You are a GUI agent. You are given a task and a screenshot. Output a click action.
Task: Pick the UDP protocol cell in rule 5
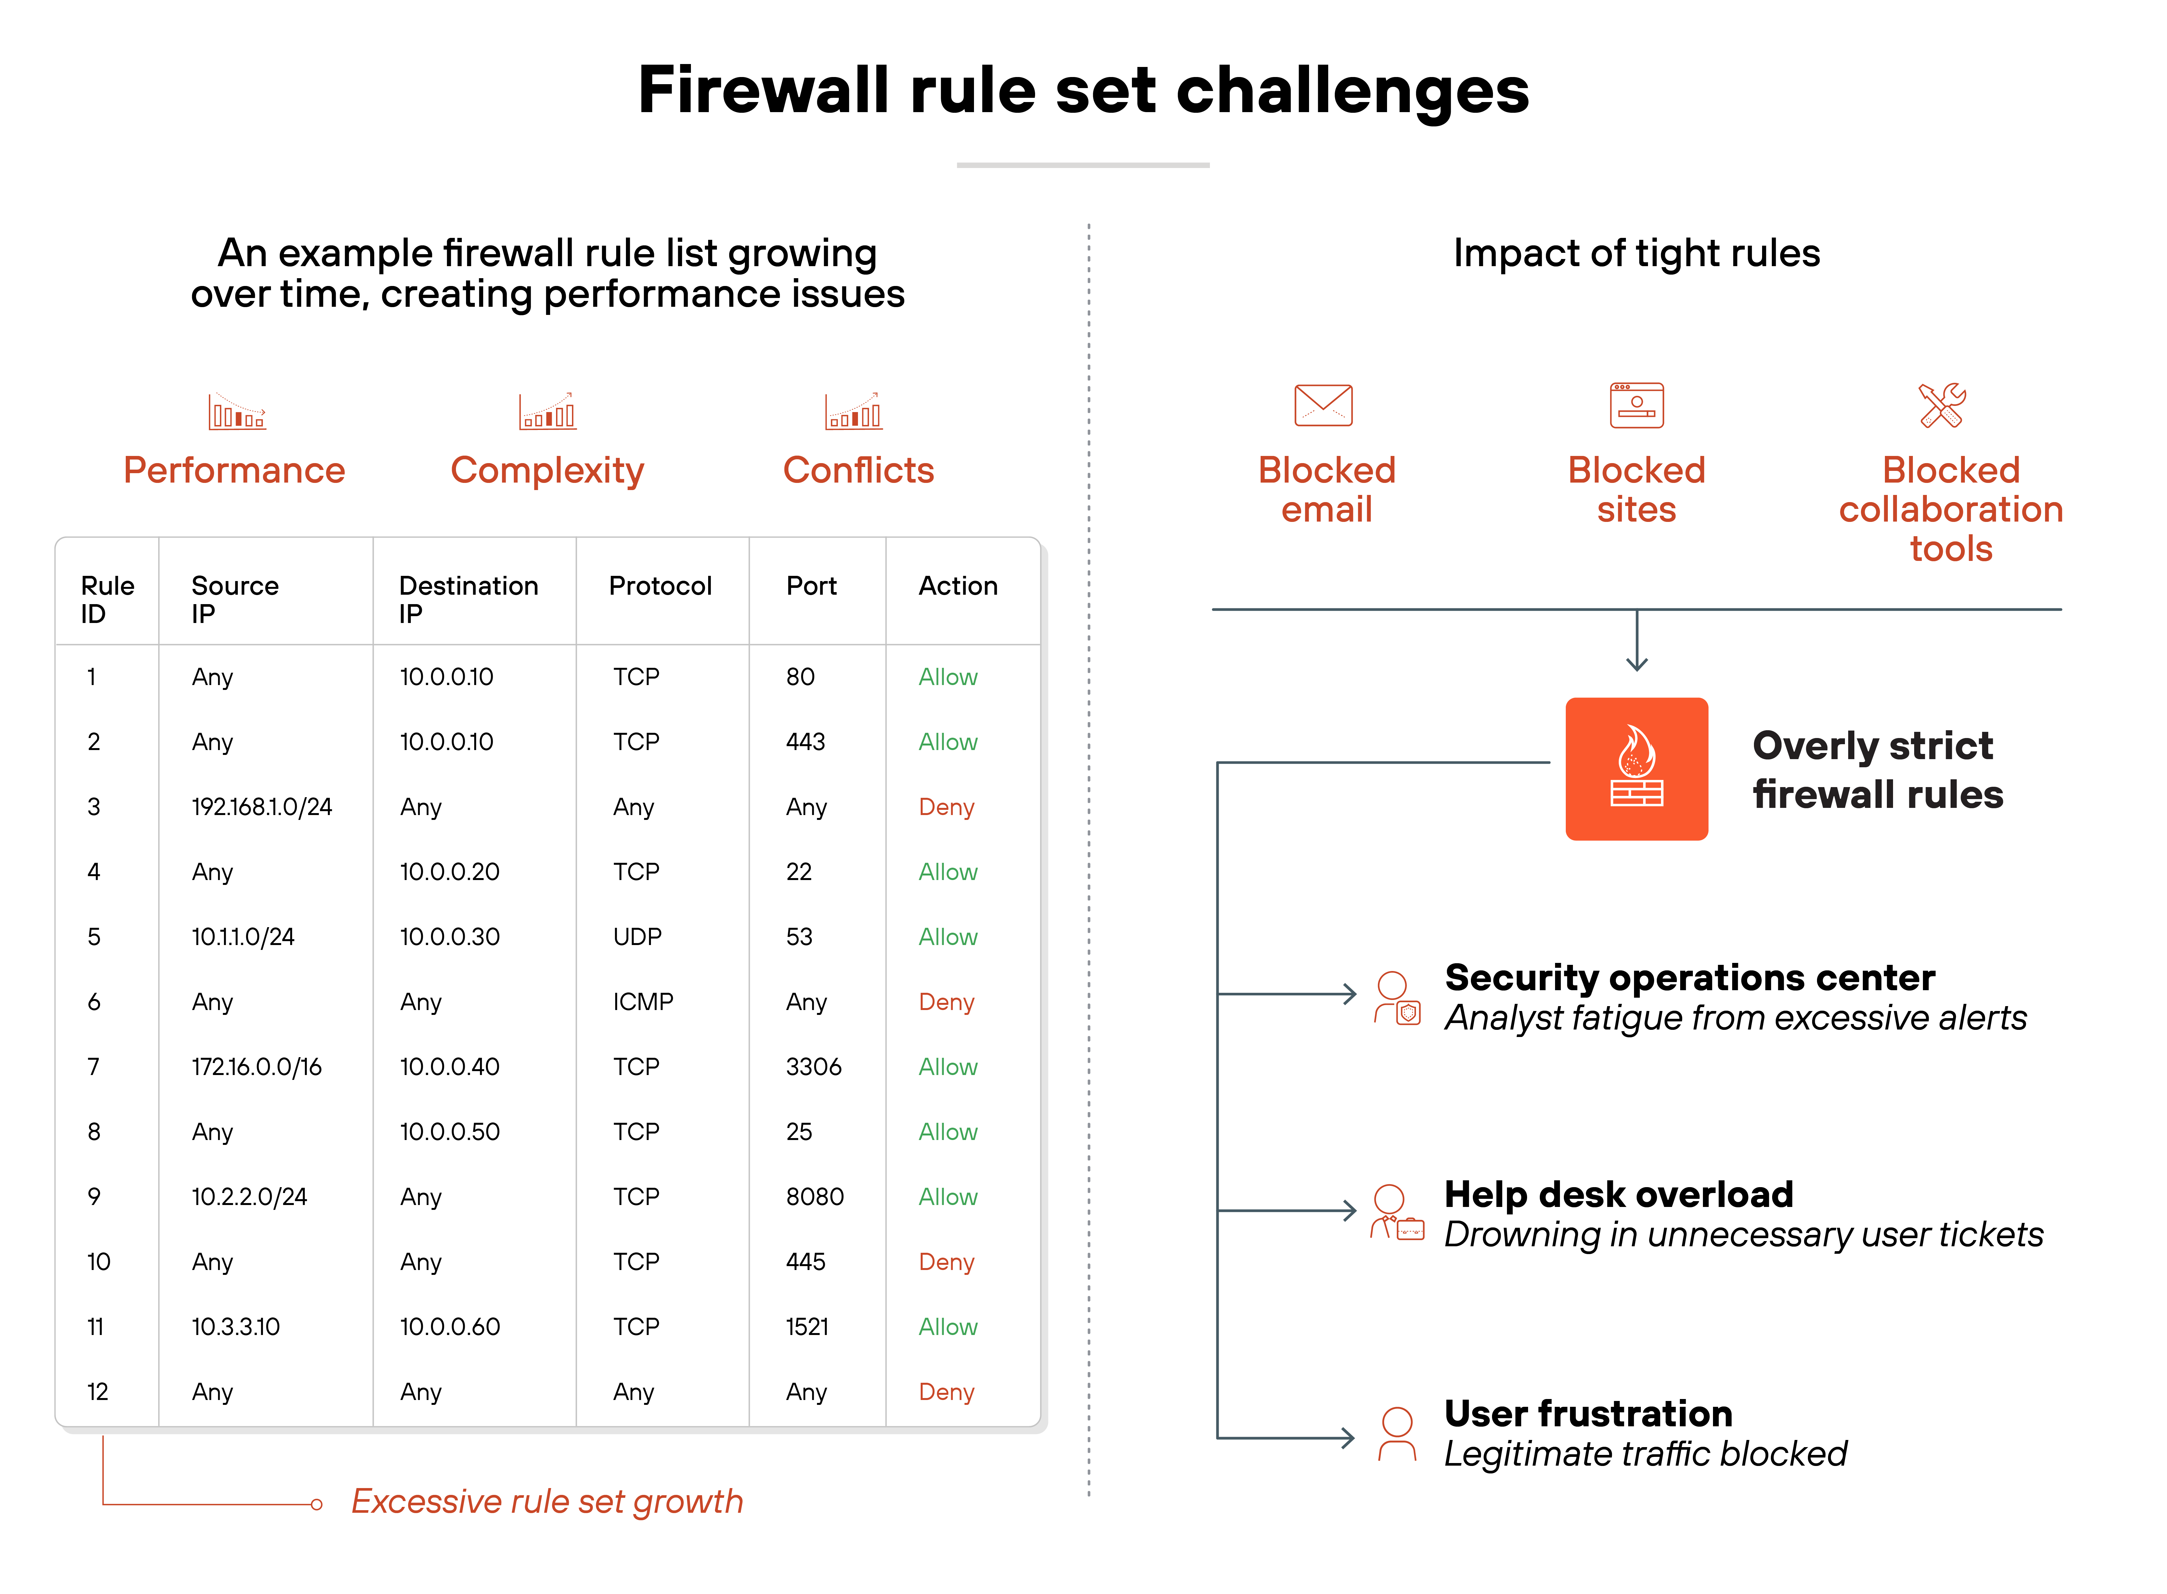pyautogui.click(x=637, y=937)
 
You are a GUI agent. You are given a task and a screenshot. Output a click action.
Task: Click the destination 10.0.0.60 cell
pyautogui.click(x=449, y=1327)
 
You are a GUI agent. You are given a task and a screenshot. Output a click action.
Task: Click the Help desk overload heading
pyautogui.click(x=1618, y=1195)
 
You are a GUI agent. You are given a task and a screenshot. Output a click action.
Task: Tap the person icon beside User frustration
pyautogui.click(x=1396, y=1435)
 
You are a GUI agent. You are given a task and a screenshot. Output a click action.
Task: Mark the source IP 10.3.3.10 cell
pyautogui.click(x=235, y=1327)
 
